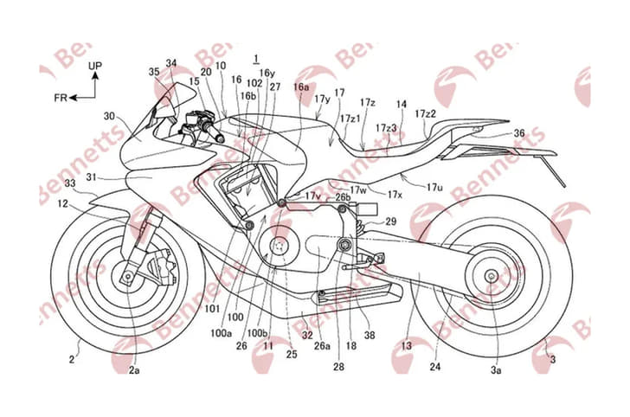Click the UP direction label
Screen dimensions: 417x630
click(94, 65)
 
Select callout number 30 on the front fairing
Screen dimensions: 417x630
click(109, 115)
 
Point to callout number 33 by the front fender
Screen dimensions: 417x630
click(70, 183)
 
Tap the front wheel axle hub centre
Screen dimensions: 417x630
click(127, 277)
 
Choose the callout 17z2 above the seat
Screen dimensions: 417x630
click(425, 113)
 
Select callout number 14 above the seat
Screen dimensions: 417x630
click(401, 104)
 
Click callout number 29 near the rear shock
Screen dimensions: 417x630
click(391, 222)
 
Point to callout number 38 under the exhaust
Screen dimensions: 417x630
click(370, 335)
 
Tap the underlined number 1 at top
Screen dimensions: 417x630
click(255, 59)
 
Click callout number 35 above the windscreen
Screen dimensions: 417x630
click(155, 72)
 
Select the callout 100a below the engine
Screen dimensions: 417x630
click(223, 332)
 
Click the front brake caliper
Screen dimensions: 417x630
click(164, 264)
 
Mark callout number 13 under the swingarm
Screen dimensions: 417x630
click(407, 346)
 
